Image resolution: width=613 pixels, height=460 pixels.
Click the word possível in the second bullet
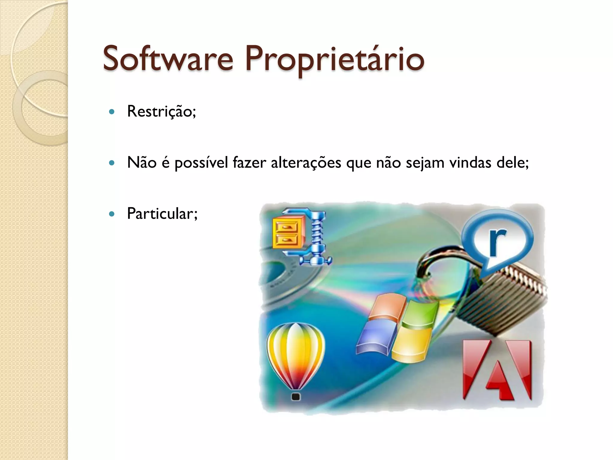tap(201, 163)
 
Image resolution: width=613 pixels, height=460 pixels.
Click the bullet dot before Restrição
tap(112, 112)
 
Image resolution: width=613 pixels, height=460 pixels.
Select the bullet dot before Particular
tap(112, 214)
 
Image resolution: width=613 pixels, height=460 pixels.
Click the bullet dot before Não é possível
tap(112, 163)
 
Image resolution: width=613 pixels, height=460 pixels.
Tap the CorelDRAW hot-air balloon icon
tap(296, 353)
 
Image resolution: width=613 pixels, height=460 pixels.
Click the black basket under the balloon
tap(296, 397)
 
